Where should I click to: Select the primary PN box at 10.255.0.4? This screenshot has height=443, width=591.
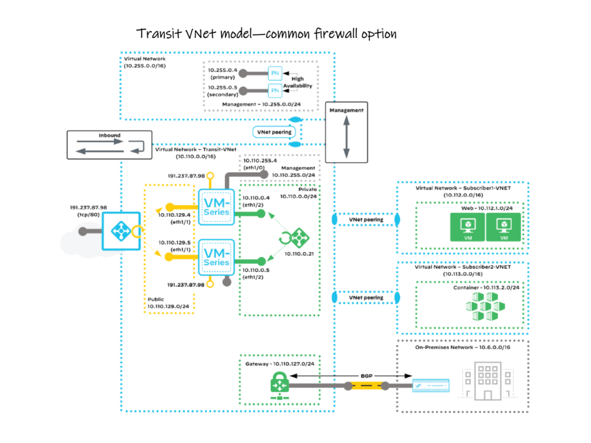(x=275, y=74)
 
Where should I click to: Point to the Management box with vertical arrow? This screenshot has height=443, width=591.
(x=346, y=132)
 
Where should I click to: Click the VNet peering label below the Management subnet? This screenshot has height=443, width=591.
(x=273, y=132)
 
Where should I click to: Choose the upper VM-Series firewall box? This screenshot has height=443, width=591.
(x=216, y=207)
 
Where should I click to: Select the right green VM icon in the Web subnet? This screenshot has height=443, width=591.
(x=504, y=227)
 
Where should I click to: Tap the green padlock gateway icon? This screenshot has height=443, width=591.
(x=277, y=386)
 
